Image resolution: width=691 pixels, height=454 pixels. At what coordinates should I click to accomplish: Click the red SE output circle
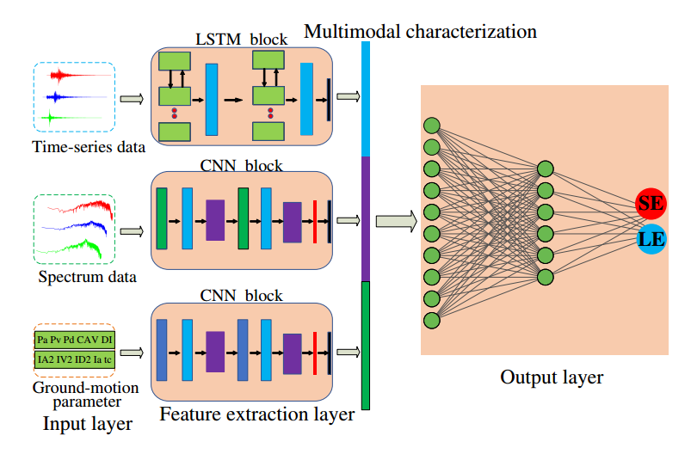(x=651, y=204)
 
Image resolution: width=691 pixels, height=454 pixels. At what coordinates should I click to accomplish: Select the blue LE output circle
(x=651, y=237)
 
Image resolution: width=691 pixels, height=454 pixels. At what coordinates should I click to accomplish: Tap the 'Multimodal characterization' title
(x=420, y=32)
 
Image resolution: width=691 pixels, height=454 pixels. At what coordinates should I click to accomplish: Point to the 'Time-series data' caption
(x=89, y=146)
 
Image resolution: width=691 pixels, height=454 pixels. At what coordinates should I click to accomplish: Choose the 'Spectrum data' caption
(x=87, y=277)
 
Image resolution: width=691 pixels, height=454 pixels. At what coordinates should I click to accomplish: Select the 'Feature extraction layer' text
(x=256, y=415)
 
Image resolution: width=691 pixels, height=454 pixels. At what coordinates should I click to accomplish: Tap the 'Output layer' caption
(x=552, y=377)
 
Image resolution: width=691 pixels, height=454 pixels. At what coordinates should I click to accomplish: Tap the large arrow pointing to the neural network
(x=397, y=222)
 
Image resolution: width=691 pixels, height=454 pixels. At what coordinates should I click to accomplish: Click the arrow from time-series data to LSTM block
(x=132, y=99)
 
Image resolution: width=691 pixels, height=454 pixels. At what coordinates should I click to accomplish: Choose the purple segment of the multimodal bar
(x=366, y=218)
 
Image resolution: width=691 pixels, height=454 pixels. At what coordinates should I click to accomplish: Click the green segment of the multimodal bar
(x=366, y=344)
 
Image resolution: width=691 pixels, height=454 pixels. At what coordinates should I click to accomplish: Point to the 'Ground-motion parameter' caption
(x=77, y=395)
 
